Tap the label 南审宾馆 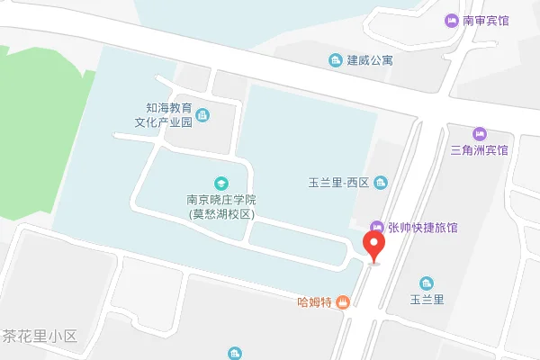[x=486, y=20]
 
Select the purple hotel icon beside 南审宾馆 [x=452, y=20]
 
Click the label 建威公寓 [x=371, y=60]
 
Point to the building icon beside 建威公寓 [x=335, y=60]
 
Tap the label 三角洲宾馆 [x=479, y=150]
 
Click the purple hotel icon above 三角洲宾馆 [x=479, y=133]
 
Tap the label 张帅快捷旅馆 [x=423, y=228]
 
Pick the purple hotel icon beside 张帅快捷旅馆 [x=378, y=228]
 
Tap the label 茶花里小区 [x=40, y=336]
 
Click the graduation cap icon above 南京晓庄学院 [x=220, y=183]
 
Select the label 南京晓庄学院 [x=221, y=200]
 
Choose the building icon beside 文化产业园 [x=202, y=114]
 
